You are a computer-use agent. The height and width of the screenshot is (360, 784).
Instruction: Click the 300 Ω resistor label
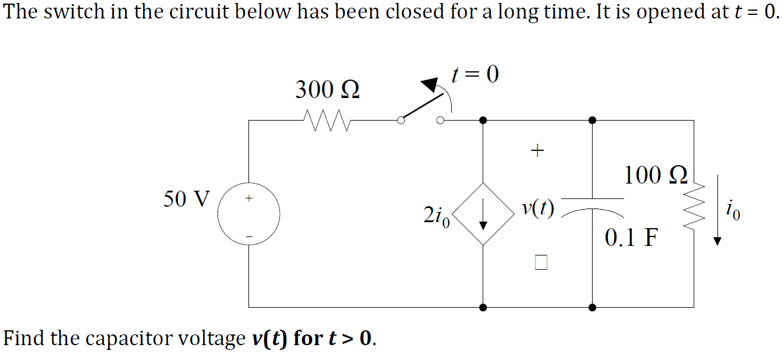click(x=328, y=90)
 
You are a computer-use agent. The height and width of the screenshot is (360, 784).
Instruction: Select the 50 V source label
click(x=187, y=199)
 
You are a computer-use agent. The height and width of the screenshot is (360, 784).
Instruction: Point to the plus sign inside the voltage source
click(x=249, y=198)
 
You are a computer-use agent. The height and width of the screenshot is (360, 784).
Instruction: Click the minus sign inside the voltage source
click(x=249, y=237)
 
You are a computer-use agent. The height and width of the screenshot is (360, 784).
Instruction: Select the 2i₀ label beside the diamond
click(x=436, y=217)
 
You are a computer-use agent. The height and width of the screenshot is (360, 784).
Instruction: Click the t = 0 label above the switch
click(x=475, y=74)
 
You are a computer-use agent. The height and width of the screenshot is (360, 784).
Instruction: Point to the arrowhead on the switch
click(x=430, y=84)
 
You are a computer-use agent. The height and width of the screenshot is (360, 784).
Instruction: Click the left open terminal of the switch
click(x=401, y=121)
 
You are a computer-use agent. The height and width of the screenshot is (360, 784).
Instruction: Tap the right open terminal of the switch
click(x=440, y=121)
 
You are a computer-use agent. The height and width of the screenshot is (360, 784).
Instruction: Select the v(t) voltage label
click(x=538, y=209)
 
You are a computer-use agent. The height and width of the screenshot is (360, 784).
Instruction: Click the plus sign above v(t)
click(x=537, y=151)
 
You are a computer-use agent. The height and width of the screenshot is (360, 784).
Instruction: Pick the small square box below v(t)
click(x=541, y=263)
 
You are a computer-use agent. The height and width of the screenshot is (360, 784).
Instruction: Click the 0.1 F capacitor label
click(x=631, y=237)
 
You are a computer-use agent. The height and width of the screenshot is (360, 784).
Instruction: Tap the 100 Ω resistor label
click(x=656, y=175)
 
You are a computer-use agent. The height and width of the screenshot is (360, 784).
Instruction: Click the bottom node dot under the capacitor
click(x=592, y=308)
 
